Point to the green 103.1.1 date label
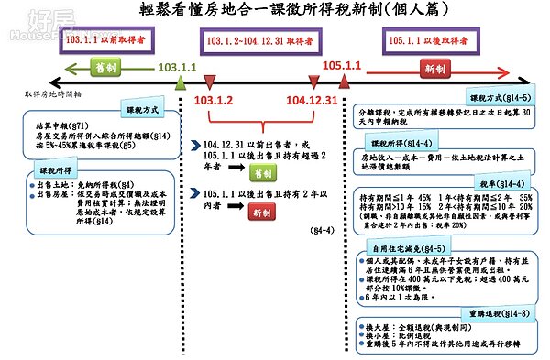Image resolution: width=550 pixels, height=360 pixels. click(179, 68)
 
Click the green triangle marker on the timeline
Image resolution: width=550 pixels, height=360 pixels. click(181, 82)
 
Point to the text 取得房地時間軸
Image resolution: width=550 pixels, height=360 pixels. click(52, 94)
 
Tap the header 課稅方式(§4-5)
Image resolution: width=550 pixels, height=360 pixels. click(504, 97)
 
